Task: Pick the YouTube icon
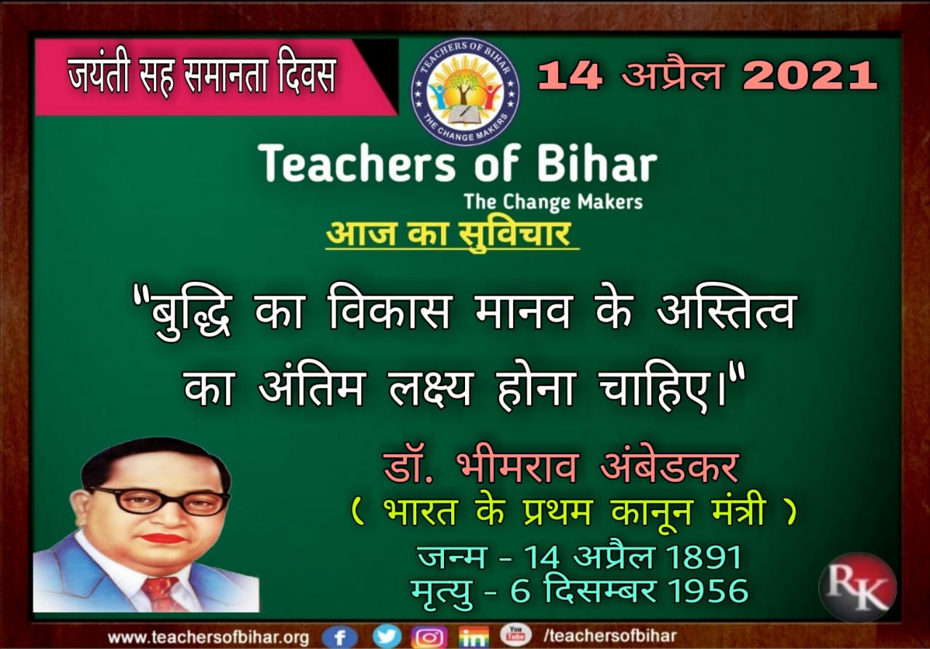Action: pyautogui.click(x=515, y=634)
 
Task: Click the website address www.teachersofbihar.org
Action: pyautogui.click(x=208, y=637)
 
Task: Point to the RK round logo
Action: pyautogui.click(x=857, y=587)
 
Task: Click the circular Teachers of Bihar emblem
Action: pyautogui.click(x=465, y=92)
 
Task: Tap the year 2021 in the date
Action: pyautogui.click(x=809, y=76)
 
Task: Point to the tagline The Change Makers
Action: pyautogui.click(x=553, y=202)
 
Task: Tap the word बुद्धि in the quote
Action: pyautogui.click(x=190, y=313)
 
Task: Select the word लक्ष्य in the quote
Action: pyautogui.click(x=429, y=388)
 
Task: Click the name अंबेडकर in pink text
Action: pyautogui.click(x=669, y=467)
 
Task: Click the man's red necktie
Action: pyautogui.click(x=163, y=594)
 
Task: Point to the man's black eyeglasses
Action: pyautogui.click(x=160, y=500)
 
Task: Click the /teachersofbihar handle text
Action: pyautogui.click(x=610, y=636)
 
